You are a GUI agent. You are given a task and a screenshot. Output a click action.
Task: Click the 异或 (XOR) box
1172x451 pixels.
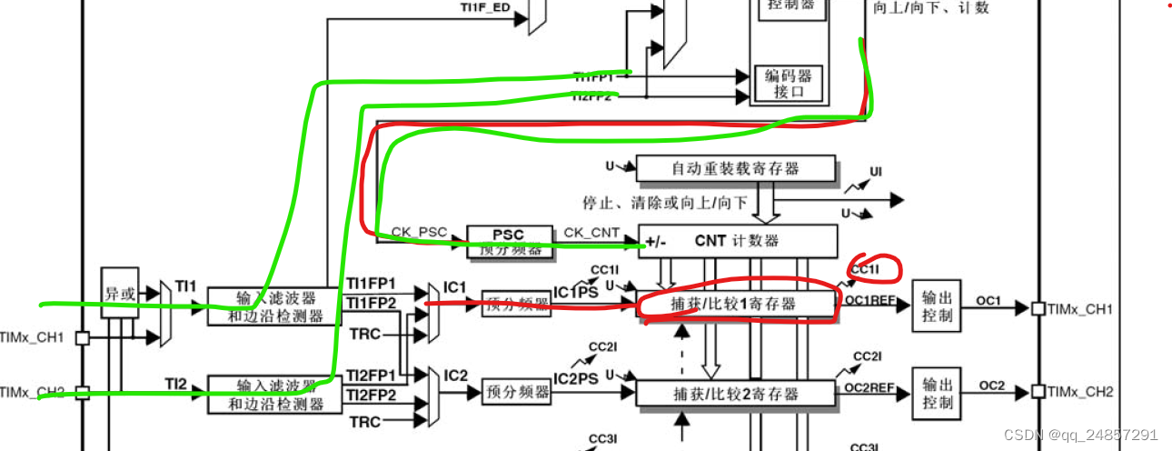(112, 293)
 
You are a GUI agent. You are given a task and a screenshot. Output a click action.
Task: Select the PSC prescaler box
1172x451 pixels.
(509, 240)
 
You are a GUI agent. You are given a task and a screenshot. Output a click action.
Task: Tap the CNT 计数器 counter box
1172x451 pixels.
(737, 241)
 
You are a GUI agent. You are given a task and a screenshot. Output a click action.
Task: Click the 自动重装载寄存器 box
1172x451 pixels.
(736, 168)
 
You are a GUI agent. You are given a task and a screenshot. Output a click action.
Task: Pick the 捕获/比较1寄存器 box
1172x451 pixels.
(736, 305)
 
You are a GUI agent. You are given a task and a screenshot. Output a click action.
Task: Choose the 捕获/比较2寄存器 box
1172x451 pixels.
(736, 394)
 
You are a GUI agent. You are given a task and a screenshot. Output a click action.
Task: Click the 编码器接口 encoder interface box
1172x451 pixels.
(787, 84)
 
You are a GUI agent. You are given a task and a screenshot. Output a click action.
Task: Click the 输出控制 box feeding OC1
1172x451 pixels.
(936, 306)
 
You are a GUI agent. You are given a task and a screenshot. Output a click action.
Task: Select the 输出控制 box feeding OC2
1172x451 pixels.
(936, 394)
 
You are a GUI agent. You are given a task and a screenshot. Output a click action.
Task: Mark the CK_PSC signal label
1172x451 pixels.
(419, 233)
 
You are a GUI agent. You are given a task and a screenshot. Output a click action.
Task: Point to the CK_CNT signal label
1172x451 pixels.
(591, 233)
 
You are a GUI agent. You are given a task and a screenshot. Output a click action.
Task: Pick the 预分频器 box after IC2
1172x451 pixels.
(517, 393)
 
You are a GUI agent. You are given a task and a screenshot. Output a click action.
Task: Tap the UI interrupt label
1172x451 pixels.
(876, 172)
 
